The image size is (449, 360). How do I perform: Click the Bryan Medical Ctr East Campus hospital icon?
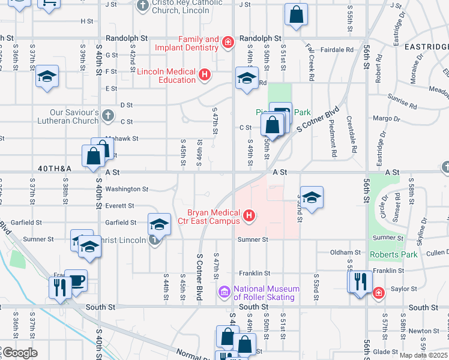pos(250,214)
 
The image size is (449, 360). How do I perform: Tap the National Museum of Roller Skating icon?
pos(225,292)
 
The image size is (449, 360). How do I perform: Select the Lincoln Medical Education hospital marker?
pos(205,74)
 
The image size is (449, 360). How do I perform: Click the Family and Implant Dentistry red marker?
pos(228,42)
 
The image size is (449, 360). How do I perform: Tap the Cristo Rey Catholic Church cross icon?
pos(142,7)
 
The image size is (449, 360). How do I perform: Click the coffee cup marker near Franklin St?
pos(76,280)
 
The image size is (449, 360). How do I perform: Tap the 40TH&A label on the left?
pos(55,169)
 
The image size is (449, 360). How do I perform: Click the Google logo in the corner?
pos(20,353)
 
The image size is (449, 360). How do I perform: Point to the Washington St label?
pos(127,189)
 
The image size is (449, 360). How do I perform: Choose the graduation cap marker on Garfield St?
pos(158,224)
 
